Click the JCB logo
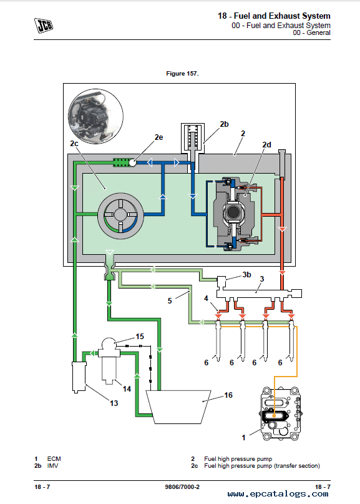(44, 26)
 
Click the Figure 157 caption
(182, 74)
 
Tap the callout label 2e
(158, 137)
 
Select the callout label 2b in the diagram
(224, 124)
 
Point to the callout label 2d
(266, 145)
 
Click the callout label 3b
(246, 275)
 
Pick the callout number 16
(228, 395)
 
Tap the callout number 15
(140, 337)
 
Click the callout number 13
(114, 403)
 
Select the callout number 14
(127, 389)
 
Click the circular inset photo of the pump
(95, 116)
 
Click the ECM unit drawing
(281, 413)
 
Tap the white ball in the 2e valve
(132, 162)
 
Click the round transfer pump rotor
(121, 215)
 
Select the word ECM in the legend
(54, 458)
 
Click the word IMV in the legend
(52, 466)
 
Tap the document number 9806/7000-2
(182, 487)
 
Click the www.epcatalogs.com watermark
(278, 494)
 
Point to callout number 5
(170, 301)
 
